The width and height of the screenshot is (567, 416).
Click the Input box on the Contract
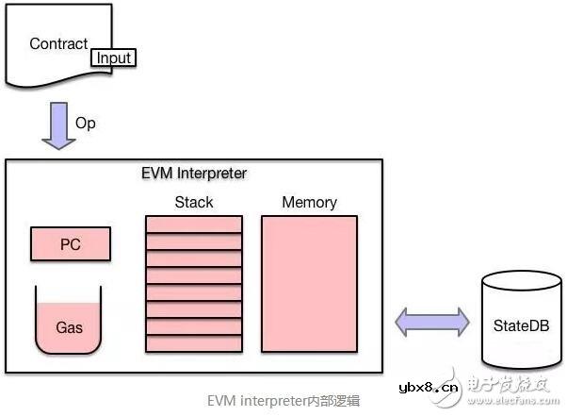[x=113, y=58]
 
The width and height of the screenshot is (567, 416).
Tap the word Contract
[x=58, y=43]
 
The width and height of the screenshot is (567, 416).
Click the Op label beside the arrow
[x=86, y=124]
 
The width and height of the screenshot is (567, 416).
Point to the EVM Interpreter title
[x=193, y=174]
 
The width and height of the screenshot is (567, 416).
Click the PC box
[x=71, y=244]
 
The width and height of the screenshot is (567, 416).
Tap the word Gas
[x=69, y=328]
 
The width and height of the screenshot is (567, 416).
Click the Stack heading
[x=194, y=202]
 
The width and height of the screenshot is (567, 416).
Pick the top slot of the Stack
[x=194, y=225]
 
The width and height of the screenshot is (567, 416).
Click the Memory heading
[x=309, y=202]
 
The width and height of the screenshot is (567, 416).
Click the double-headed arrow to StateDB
[x=431, y=321]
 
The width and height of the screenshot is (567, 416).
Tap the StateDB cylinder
[x=520, y=321]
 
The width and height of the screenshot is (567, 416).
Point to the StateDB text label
[x=521, y=327]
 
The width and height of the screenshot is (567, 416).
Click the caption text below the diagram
[x=283, y=400]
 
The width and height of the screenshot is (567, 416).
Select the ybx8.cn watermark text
[x=429, y=385]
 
